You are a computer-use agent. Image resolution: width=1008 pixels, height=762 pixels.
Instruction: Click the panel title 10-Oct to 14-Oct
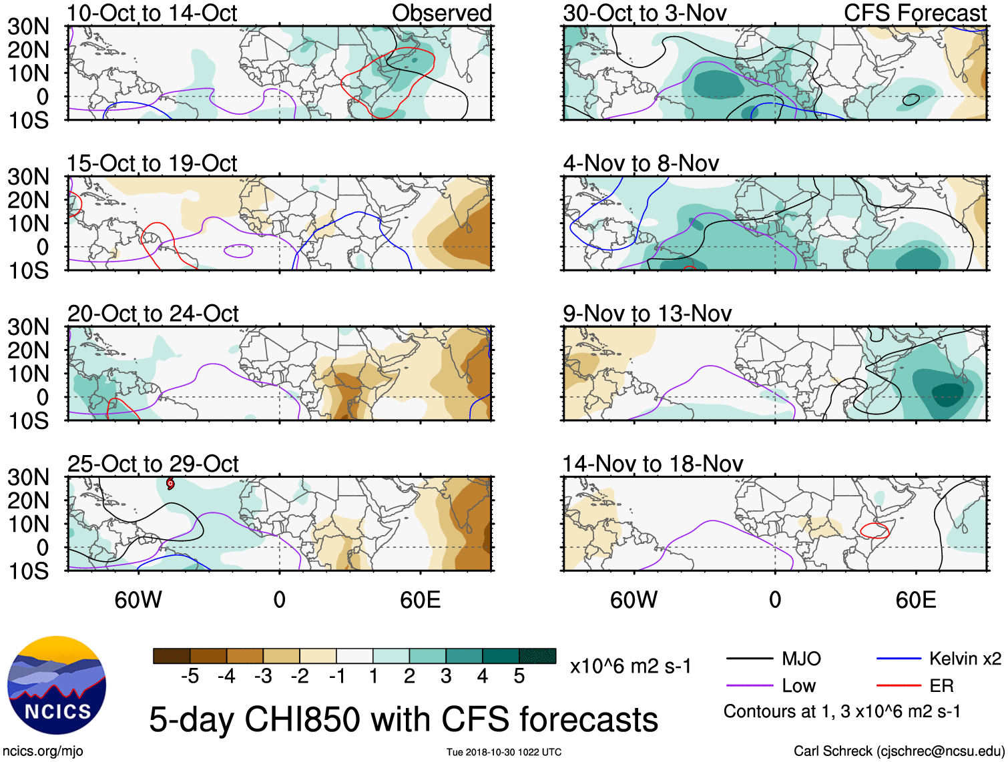(152, 13)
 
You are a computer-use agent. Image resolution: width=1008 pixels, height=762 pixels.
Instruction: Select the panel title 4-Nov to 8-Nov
(641, 163)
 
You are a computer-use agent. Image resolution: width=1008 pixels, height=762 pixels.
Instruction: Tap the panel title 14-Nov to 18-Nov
(653, 464)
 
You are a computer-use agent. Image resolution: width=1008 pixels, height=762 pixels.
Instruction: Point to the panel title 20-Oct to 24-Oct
(153, 314)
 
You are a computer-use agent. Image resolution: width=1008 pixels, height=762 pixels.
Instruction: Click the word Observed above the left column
(442, 13)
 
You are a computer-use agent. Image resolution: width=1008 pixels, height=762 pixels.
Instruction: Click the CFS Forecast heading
(915, 13)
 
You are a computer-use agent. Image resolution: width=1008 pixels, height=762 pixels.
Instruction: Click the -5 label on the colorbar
(190, 677)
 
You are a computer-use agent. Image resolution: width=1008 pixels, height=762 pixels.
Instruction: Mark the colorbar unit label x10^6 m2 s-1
(631, 667)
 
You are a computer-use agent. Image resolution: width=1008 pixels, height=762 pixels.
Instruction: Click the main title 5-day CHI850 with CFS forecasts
(403, 719)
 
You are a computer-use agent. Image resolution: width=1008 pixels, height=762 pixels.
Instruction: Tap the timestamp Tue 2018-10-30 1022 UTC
(504, 752)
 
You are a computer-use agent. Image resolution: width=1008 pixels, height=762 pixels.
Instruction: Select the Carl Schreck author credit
(899, 751)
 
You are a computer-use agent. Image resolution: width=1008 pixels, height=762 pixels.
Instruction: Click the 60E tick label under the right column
(915, 600)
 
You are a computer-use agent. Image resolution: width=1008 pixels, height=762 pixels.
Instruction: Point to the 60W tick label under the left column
(138, 600)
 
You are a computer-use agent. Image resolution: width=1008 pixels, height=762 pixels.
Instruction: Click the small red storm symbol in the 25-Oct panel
(170, 483)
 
